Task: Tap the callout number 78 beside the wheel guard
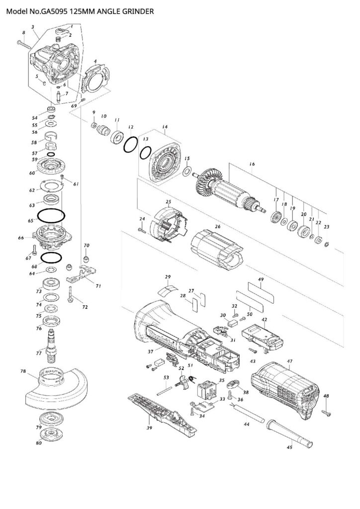(23, 371)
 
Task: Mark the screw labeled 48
(326, 411)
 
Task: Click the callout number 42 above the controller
(265, 320)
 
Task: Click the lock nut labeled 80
(51, 433)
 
